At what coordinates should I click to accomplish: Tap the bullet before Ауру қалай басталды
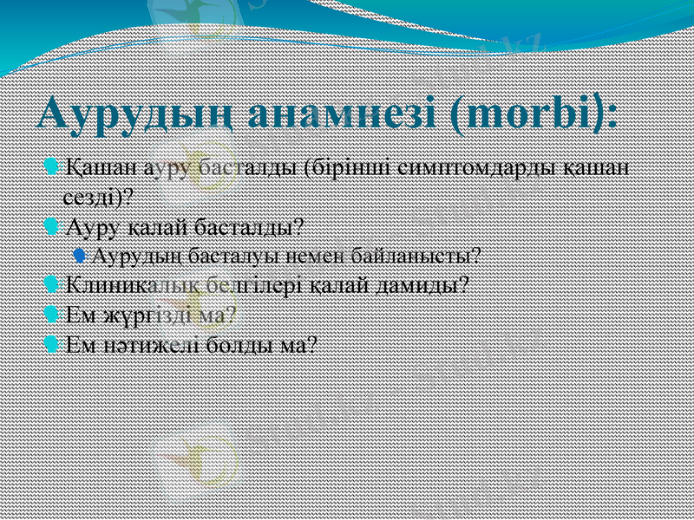(x=52, y=227)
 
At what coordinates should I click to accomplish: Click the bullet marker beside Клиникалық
(x=52, y=284)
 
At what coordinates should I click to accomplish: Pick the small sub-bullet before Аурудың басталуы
(x=80, y=255)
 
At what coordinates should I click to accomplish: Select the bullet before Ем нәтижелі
(x=52, y=344)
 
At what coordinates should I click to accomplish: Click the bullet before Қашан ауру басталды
(x=52, y=165)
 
